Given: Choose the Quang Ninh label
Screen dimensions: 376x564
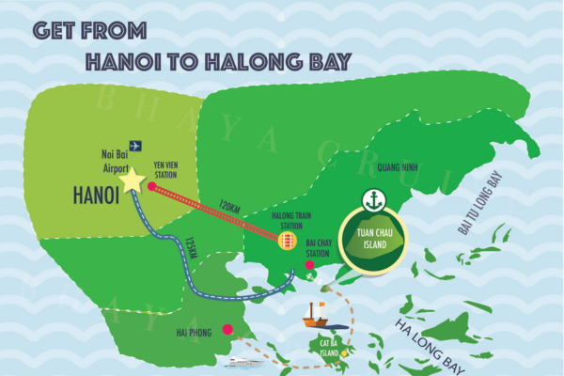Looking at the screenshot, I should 395,167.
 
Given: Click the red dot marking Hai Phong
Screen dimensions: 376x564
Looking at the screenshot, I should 227,329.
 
